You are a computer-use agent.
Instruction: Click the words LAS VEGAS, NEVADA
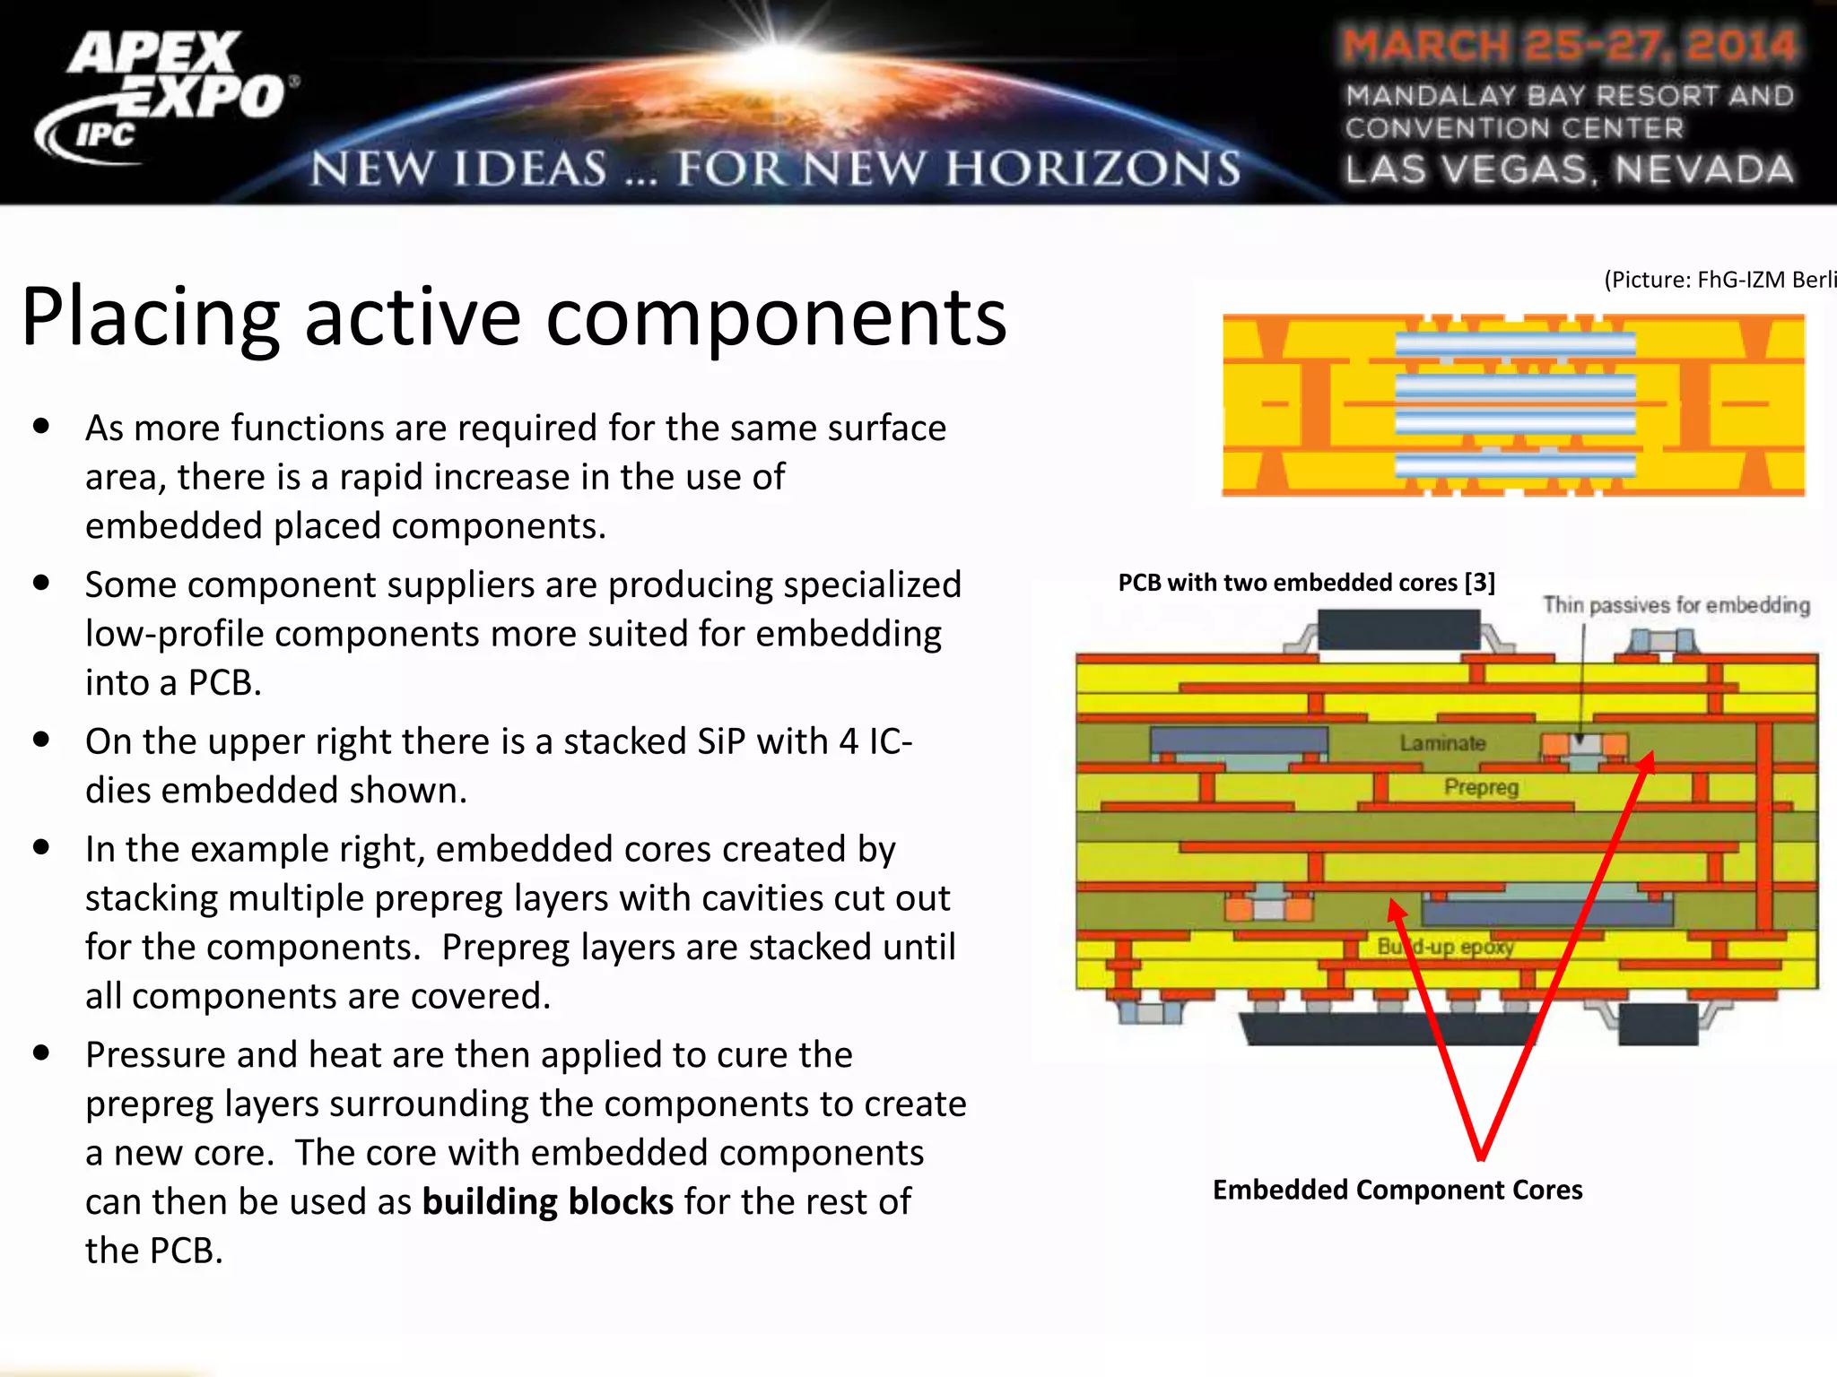point(1570,169)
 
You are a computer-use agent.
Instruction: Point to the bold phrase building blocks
point(547,1202)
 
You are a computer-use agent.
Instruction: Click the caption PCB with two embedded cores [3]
point(1306,583)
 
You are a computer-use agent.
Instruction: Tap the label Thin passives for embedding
point(1676,605)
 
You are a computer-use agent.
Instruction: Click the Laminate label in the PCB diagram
point(1442,743)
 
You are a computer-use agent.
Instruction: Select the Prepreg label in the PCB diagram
point(1481,787)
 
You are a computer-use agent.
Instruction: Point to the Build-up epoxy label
point(1445,947)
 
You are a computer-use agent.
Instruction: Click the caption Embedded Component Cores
point(1397,1190)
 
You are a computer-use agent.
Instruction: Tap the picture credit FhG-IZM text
point(1719,280)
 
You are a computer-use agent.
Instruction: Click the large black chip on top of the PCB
point(1397,629)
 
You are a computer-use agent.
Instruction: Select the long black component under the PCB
point(1389,1028)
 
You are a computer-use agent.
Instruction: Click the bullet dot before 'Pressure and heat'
point(41,1052)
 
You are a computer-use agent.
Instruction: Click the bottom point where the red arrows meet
point(1481,1156)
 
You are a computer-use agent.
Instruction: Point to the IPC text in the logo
point(105,135)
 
